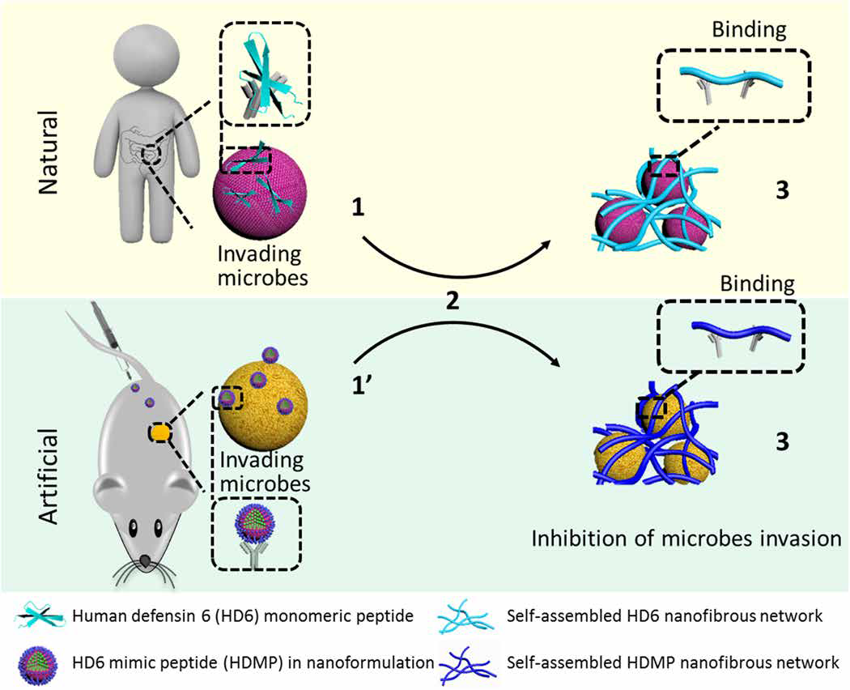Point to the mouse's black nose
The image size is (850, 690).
tap(144, 560)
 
